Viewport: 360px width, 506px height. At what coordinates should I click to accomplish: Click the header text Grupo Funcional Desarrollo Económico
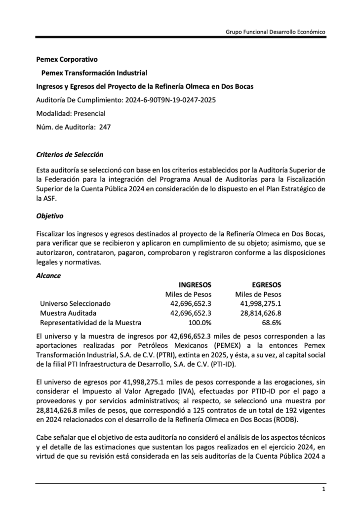pos(275,31)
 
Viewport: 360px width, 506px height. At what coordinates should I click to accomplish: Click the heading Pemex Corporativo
pos(67,59)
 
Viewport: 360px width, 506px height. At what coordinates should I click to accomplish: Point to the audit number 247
pos(105,126)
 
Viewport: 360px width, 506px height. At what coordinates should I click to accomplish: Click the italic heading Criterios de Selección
pos(70,155)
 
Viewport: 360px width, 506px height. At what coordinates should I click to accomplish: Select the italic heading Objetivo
pos(50,216)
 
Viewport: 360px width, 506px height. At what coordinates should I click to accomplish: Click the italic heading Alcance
pos(49,276)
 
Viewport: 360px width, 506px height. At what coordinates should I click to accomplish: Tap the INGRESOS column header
pos(195,285)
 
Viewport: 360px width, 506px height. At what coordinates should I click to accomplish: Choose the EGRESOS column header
pos(266,285)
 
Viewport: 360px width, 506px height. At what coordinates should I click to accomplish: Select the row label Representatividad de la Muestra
pos(90,323)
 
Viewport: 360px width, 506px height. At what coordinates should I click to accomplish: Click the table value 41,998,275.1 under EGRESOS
pos(260,303)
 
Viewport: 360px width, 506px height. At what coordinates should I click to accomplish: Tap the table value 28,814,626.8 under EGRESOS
pos(260,313)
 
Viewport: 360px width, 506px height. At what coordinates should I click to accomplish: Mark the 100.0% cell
pos(200,323)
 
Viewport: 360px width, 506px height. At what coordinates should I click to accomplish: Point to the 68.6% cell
pos(271,323)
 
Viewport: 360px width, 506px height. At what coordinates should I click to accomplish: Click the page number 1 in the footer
pos(323,489)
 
